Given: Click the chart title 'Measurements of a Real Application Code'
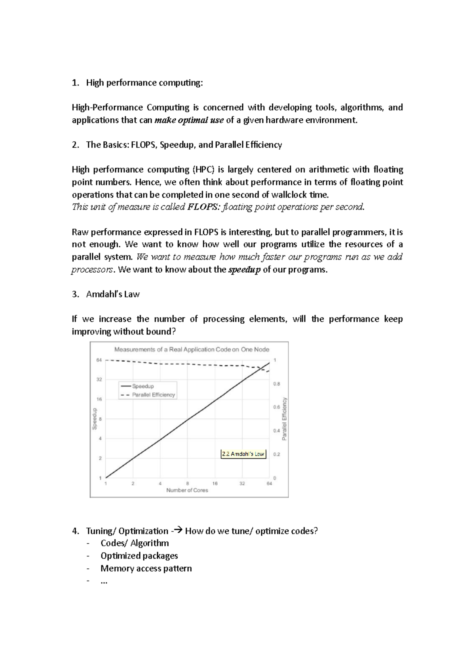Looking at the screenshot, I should pyautogui.click(x=192, y=349).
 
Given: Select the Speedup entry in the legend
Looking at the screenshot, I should pyautogui.click(x=142, y=386).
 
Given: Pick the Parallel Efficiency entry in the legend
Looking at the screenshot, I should pyautogui.click(x=153, y=395).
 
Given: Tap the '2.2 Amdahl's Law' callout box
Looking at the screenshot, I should pyautogui.click(x=243, y=454).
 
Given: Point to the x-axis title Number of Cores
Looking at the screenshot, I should pyautogui.click(x=187, y=490).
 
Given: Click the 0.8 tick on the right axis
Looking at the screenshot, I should pyautogui.click(x=276, y=383).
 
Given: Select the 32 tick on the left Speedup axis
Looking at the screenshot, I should pyautogui.click(x=99, y=379).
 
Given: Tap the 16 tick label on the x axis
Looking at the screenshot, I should pyautogui.click(x=215, y=483).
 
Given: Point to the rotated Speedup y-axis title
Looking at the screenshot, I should pyautogui.click(x=94, y=419).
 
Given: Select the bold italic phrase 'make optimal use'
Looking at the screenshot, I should pyautogui.click(x=189, y=120).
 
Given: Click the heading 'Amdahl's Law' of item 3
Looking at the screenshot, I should pyautogui.click(x=113, y=294).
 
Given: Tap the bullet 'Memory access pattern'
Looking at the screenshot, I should pyautogui.click(x=146, y=568).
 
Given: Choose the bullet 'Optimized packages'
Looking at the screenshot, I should pyautogui.click(x=139, y=556).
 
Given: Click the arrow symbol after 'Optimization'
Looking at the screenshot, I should pyautogui.click(x=177, y=531).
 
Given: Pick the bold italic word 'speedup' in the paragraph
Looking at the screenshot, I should pyautogui.click(x=245, y=270).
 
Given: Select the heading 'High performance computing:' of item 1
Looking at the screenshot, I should pyautogui.click(x=144, y=83).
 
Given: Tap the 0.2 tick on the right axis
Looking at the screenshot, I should pyautogui.click(x=276, y=454).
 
